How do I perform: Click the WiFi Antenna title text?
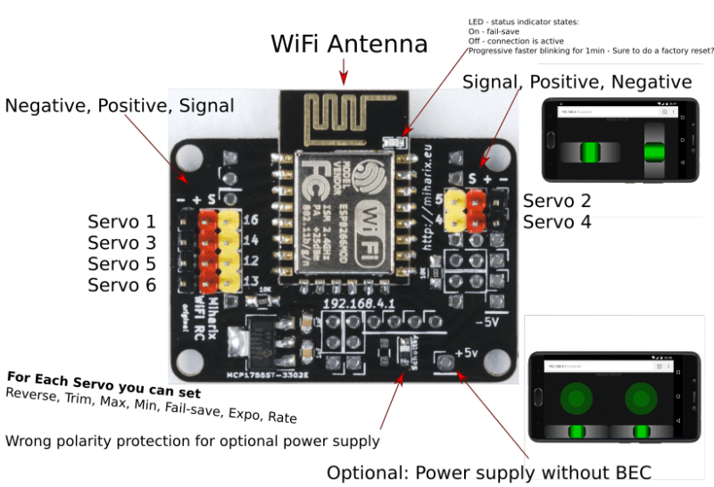click(349, 44)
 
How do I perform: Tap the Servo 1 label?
click(121, 221)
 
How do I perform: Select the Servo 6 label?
click(121, 285)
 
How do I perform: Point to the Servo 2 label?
click(557, 201)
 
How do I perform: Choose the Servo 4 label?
click(557, 222)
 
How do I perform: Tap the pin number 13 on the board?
click(250, 283)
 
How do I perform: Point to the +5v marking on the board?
click(470, 352)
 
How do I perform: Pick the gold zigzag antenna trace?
click(344, 114)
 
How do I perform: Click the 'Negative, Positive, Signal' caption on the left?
click(120, 106)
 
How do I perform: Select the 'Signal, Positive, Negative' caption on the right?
click(577, 82)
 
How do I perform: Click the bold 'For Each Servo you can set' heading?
click(104, 385)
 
